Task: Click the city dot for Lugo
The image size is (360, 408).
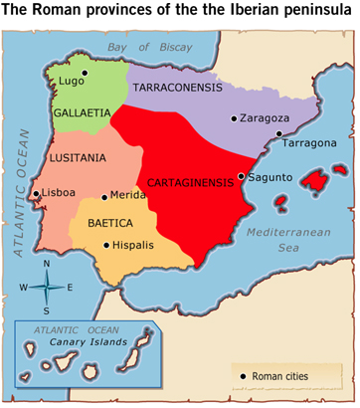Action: coord(86,73)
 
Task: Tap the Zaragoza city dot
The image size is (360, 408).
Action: coord(234,119)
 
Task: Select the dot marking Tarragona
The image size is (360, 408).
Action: coord(279,133)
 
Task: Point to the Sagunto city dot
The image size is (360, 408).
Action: coord(241,177)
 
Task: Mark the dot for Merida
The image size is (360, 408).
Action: coord(104,196)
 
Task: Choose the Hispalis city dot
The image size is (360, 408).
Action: coord(106,243)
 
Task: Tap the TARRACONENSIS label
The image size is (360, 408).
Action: coord(179,87)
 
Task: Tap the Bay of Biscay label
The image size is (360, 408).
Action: coord(149,48)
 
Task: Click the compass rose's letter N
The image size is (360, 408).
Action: coord(47,264)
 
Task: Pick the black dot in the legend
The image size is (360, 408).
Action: coord(242,375)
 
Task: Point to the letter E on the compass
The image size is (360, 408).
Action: coord(70,287)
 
